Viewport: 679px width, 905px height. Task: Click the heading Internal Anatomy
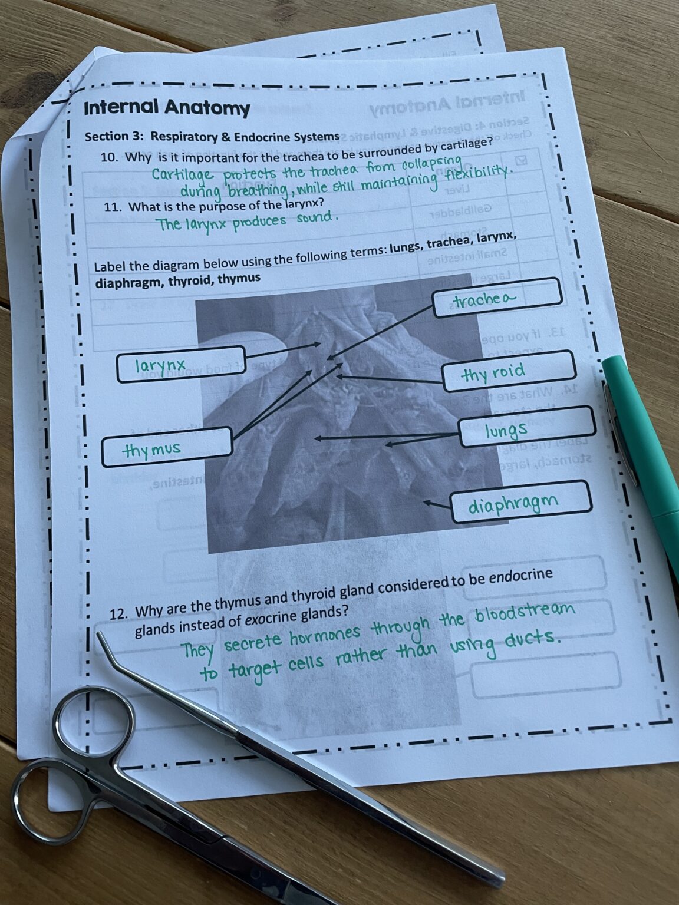(x=167, y=108)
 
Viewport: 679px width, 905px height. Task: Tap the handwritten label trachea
(x=484, y=300)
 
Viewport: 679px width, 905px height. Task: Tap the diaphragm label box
(x=521, y=503)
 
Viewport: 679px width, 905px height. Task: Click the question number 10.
(x=110, y=157)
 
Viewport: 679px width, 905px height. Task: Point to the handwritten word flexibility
(x=475, y=174)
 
